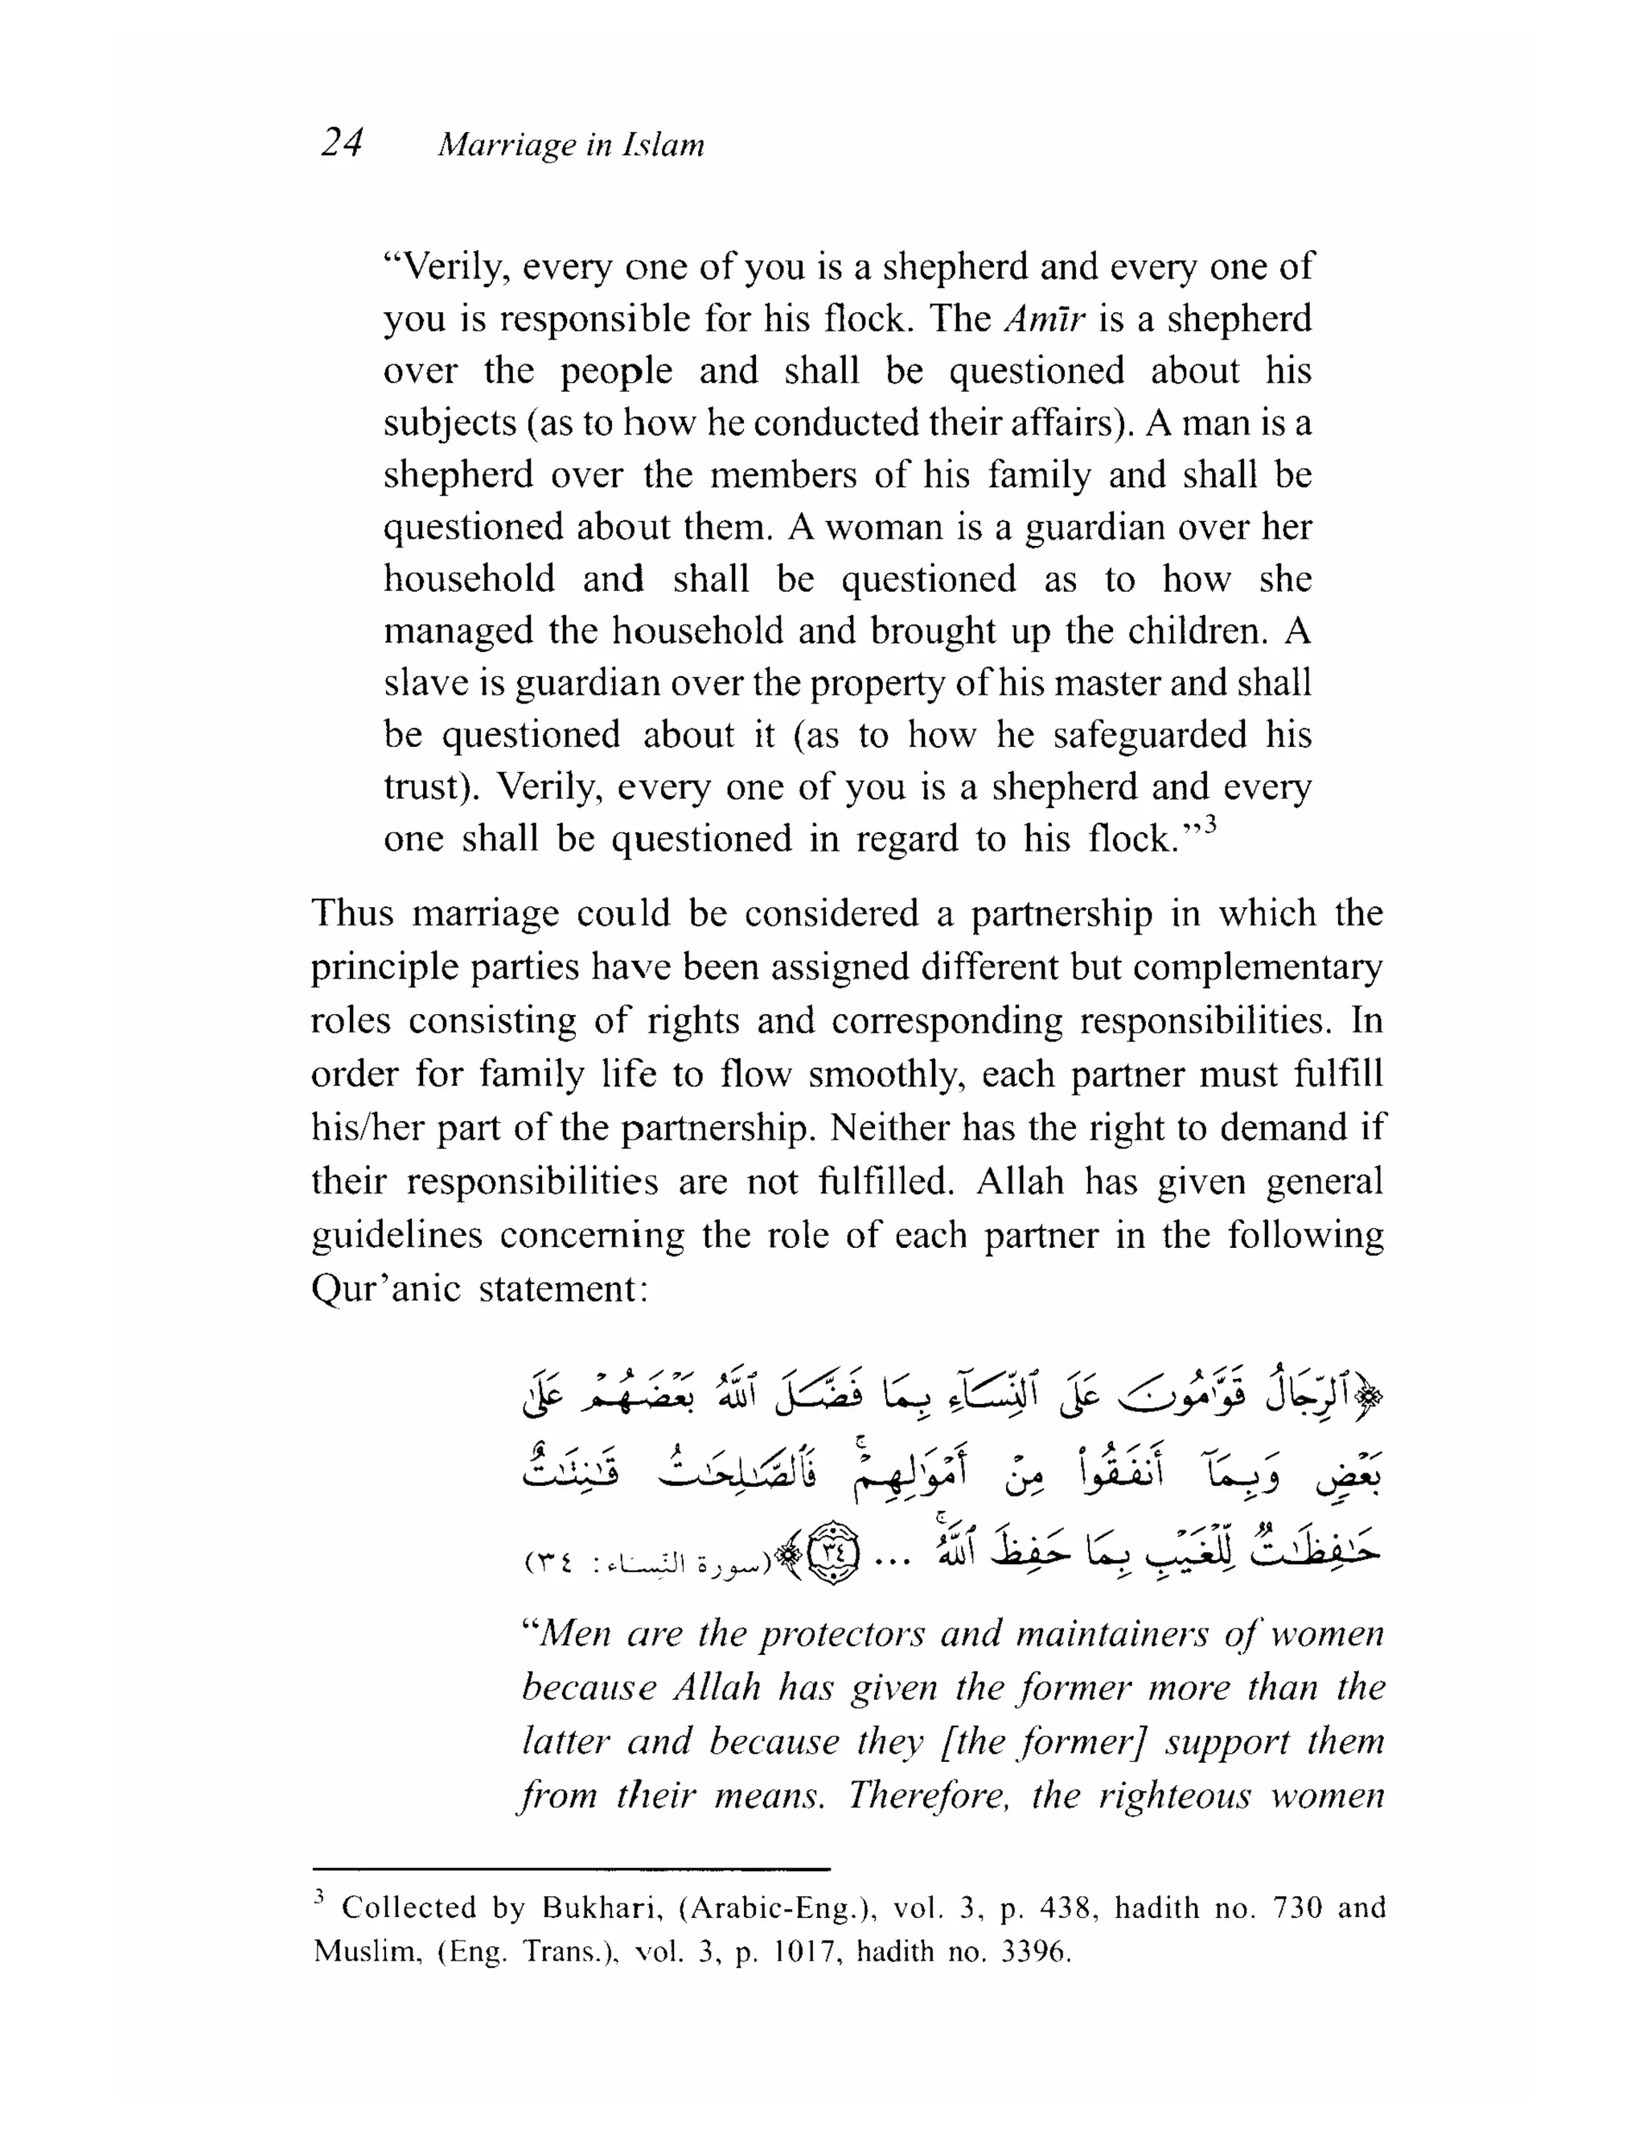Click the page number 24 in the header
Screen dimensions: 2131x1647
point(342,143)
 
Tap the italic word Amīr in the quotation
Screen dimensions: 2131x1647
point(1044,319)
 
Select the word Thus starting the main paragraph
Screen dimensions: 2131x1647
point(351,914)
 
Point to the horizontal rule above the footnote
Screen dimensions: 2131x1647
point(571,1870)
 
